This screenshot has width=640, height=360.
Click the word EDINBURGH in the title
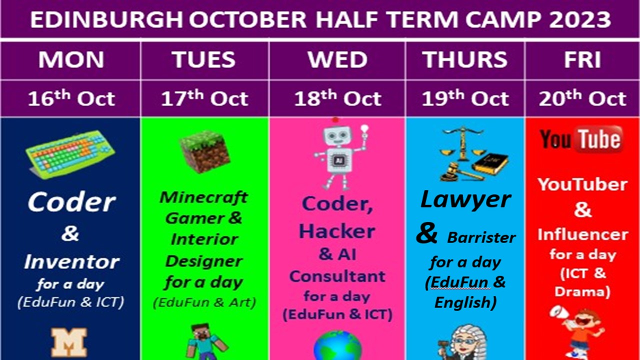pos(106,19)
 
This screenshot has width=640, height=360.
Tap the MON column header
pos(71,59)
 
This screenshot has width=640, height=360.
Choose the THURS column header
pos(465,59)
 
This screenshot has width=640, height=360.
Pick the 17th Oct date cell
pos(204,98)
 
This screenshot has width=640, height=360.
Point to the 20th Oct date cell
pos(582,98)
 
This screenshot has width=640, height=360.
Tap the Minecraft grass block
pos(205,151)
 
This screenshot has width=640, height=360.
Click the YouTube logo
pos(581,139)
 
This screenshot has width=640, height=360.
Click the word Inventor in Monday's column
pos(71,261)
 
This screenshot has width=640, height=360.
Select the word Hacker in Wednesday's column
pos(337,231)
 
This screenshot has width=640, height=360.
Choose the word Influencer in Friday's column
pos(583,234)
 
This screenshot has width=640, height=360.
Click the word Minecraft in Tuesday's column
pos(203,197)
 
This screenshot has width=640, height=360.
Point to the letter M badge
pos(69,342)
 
